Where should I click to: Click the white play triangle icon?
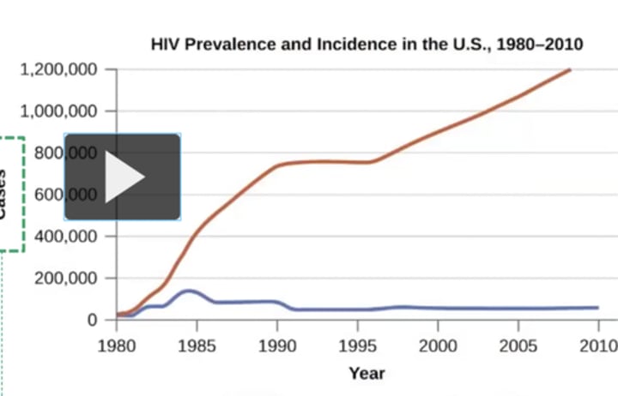124,177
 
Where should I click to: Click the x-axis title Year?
367,373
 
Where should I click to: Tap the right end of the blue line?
597,307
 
